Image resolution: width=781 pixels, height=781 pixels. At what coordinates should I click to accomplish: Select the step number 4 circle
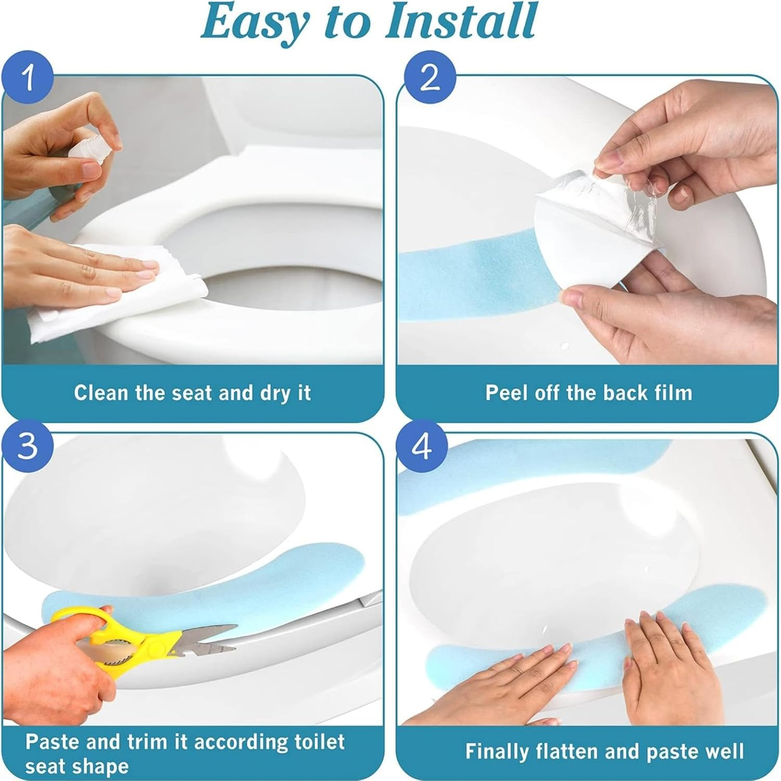point(422,446)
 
